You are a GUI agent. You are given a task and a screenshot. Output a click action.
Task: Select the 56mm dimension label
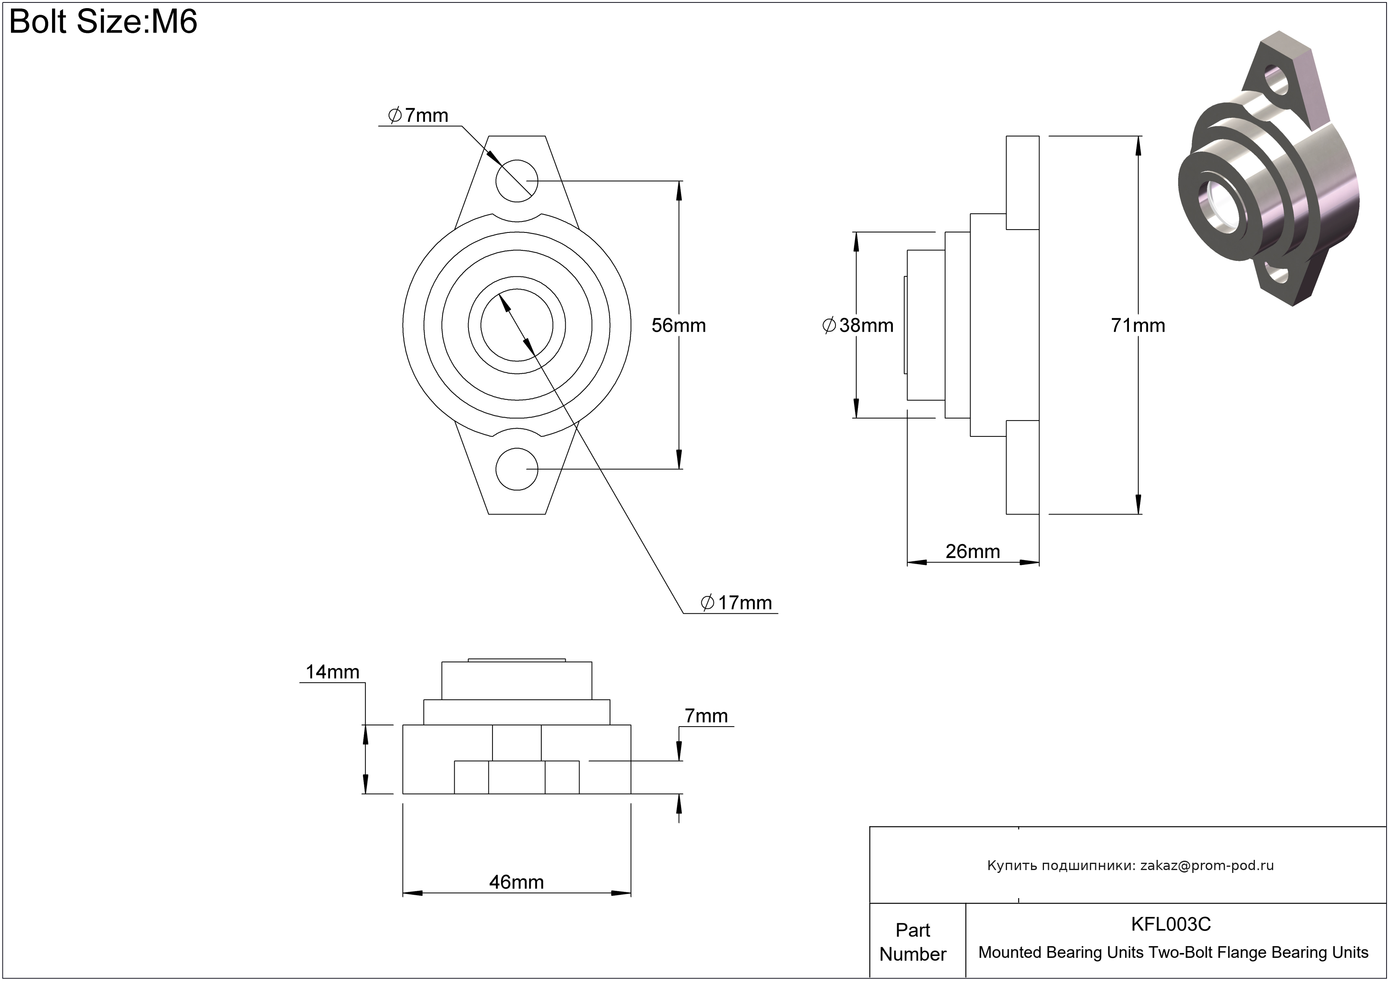click(x=678, y=326)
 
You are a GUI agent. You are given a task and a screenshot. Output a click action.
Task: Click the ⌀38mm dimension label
click(x=858, y=326)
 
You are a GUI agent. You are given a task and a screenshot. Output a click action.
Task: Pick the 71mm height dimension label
click(x=1137, y=326)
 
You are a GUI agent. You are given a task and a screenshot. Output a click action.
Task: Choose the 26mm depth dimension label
click(x=972, y=551)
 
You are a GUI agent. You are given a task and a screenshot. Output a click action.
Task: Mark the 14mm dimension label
click(x=332, y=671)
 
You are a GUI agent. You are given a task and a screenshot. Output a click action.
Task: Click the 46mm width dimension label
click(x=516, y=882)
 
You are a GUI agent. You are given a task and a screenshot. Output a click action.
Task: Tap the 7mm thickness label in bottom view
click(x=705, y=716)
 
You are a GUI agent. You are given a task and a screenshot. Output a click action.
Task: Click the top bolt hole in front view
click(x=517, y=181)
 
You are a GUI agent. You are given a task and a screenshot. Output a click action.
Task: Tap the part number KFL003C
click(x=1171, y=924)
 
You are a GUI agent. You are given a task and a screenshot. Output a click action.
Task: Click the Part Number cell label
click(x=912, y=942)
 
